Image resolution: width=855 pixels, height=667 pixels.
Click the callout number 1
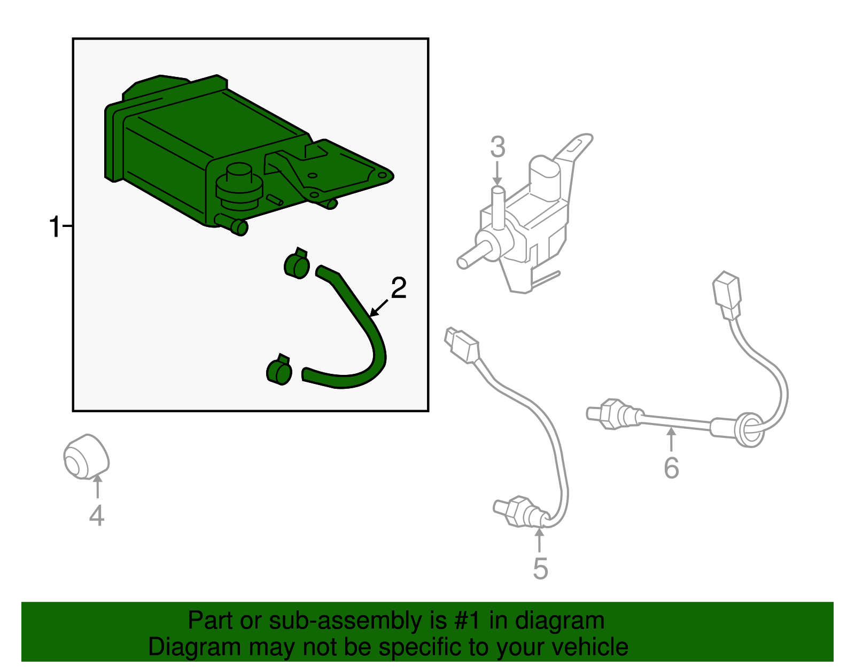[x=55, y=226]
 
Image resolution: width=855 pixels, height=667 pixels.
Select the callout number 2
[x=399, y=288]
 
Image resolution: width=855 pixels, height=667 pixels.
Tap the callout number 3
[x=498, y=147]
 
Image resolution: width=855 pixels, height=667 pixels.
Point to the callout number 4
[x=97, y=515]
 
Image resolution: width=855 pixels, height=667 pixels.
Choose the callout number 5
[x=540, y=568]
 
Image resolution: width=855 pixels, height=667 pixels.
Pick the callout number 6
[x=671, y=468]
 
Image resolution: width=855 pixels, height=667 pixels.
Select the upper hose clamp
[x=297, y=263]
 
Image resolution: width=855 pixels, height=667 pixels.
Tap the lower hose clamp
[x=279, y=370]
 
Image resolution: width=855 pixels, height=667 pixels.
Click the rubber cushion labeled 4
[x=86, y=457]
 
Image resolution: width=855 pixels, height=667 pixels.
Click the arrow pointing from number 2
[x=378, y=308]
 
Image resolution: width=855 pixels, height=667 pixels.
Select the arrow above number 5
[x=539, y=540]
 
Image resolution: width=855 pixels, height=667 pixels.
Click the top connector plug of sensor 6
[x=727, y=295]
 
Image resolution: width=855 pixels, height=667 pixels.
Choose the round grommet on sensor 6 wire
[x=749, y=430]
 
